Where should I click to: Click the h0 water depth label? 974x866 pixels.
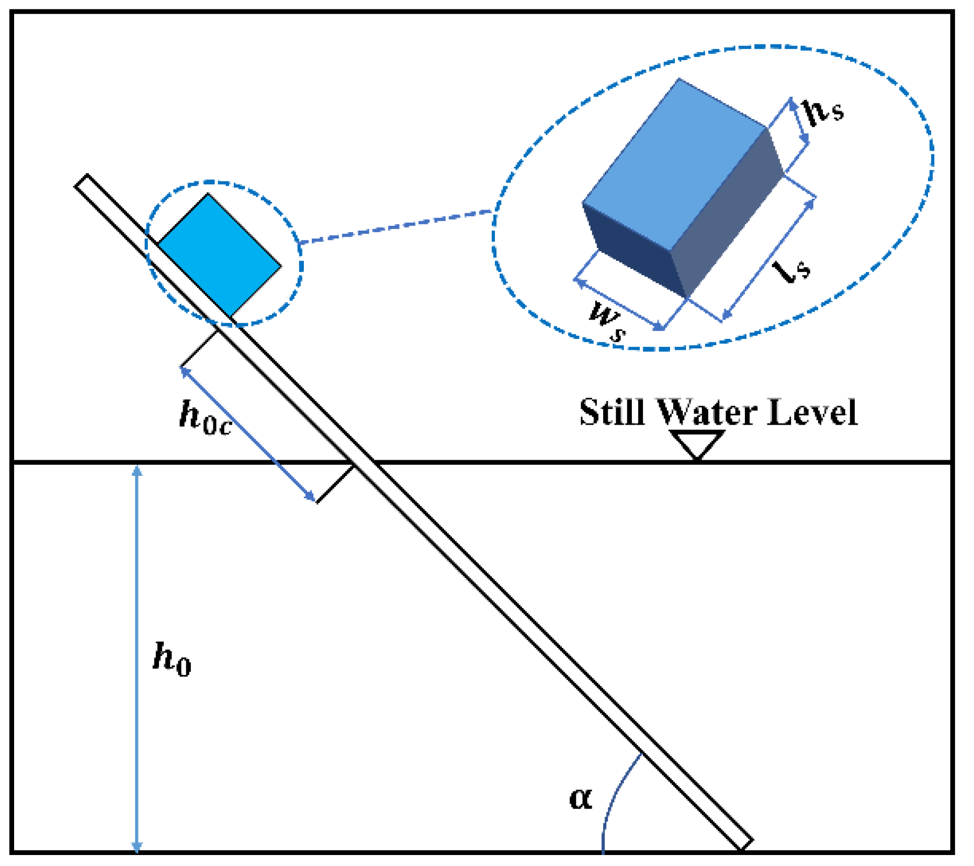tap(172, 659)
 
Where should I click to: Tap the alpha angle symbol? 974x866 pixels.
tap(581, 799)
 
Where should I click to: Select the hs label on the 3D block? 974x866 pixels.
tap(823, 111)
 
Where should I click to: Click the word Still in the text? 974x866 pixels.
tap(611, 413)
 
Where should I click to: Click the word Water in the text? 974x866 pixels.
tap(706, 413)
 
